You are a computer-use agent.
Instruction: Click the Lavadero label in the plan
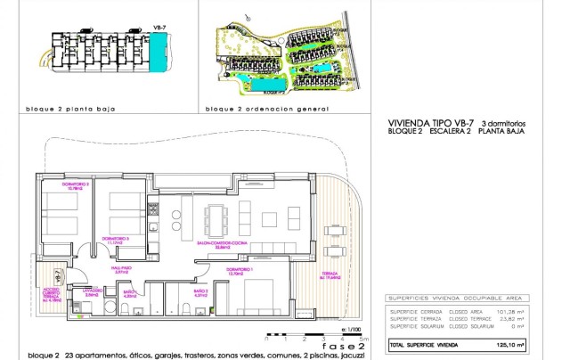(94, 291)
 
